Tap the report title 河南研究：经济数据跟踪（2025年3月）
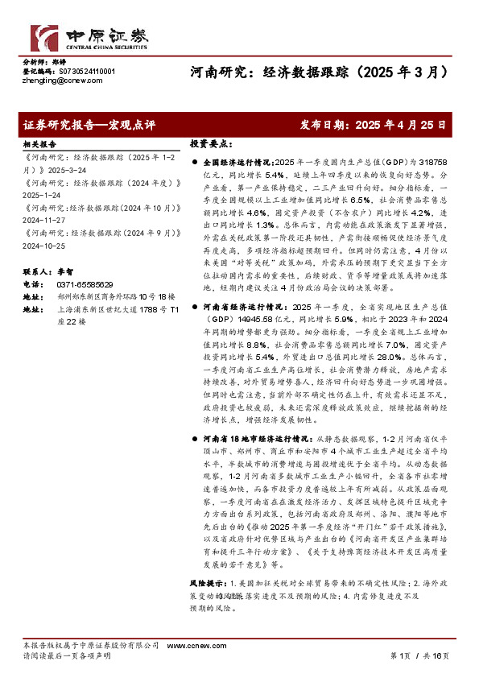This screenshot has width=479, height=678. coord(318,71)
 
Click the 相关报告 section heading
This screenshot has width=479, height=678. coord(38,143)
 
